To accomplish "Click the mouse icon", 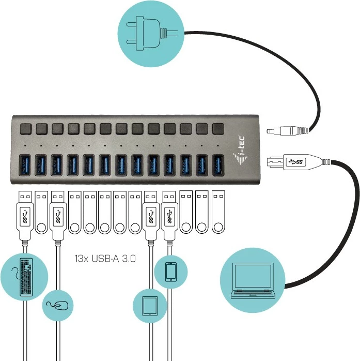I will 57,305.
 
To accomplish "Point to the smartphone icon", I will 171,272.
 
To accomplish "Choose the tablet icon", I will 150,305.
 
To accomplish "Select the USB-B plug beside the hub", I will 289,161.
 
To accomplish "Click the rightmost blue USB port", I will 217,166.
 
